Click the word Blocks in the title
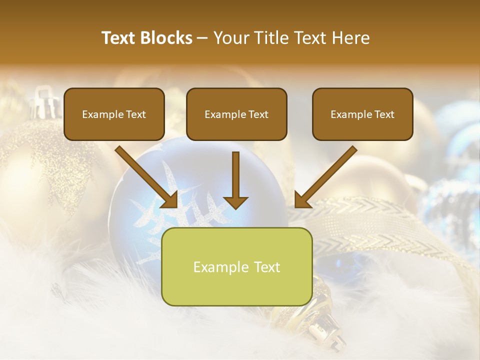pos(165,38)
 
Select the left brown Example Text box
pos(114,114)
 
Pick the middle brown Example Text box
pos(236,114)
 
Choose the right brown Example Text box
pos(362,114)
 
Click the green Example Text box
pos(236,266)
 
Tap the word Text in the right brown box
pos(384,114)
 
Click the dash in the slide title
pos(202,38)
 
